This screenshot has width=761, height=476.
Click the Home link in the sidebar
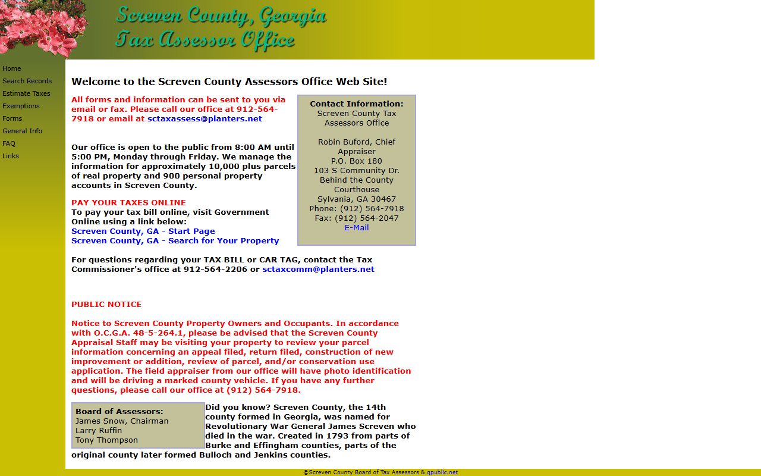click(12, 68)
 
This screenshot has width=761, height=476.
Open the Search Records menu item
click(27, 81)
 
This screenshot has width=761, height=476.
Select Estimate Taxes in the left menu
click(26, 93)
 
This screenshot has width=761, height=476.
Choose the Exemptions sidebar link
click(21, 106)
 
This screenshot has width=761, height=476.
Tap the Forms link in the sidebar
click(12, 118)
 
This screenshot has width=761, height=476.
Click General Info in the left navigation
click(22, 131)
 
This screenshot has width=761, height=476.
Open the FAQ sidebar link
click(9, 143)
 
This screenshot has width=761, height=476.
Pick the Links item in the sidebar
click(11, 156)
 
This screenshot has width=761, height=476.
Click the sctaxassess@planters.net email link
click(205, 118)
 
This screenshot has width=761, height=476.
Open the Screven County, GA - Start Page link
click(143, 231)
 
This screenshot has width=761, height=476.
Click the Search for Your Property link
click(223, 240)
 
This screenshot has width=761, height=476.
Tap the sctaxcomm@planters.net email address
click(318, 269)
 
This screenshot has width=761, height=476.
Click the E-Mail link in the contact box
click(357, 227)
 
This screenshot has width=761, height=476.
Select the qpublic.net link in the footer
click(442, 472)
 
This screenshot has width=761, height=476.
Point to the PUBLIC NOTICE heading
click(106, 304)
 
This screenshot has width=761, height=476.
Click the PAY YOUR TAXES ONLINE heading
click(128, 202)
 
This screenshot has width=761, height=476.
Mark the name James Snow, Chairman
click(122, 421)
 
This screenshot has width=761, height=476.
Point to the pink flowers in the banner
click(42, 27)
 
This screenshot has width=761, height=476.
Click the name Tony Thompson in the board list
click(106, 440)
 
